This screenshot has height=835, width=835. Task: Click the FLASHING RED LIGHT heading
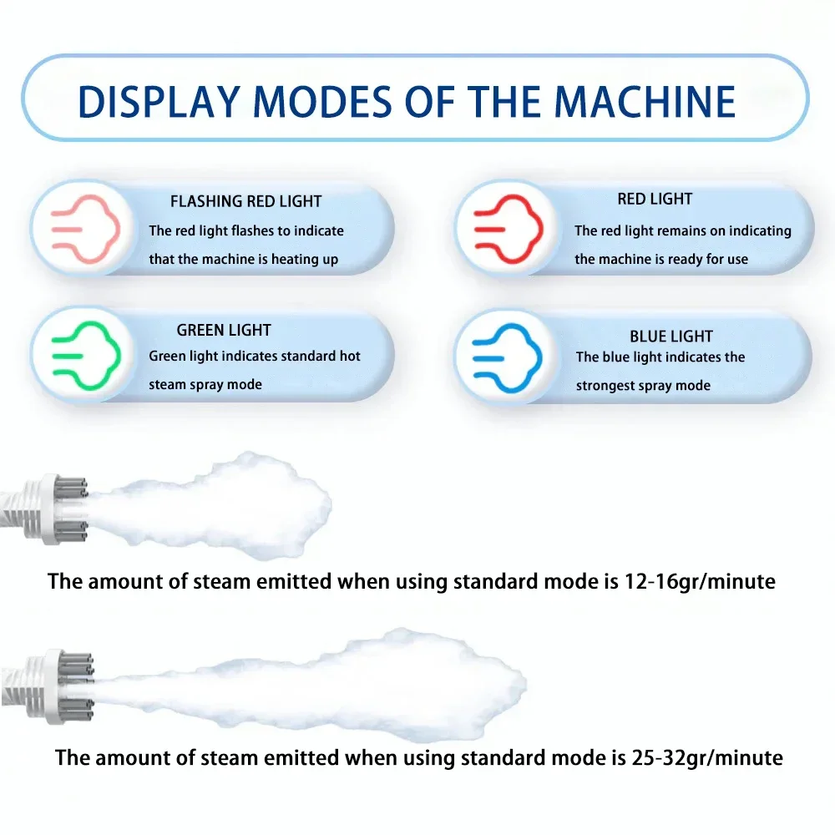click(x=245, y=201)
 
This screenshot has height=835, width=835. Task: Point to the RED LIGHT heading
click(x=655, y=199)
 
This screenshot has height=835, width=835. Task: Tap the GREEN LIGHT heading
click(x=224, y=330)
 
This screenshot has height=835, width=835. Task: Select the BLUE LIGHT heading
click(x=671, y=337)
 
